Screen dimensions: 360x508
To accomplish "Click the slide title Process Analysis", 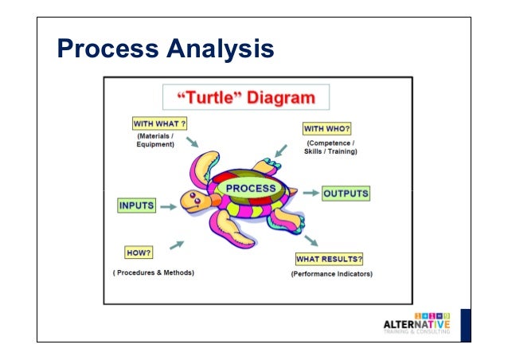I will [x=166, y=49].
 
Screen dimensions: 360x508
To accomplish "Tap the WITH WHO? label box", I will [x=327, y=128].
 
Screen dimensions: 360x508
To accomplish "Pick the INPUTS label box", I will [x=136, y=205].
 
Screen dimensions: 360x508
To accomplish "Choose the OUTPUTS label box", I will [x=346, y=194].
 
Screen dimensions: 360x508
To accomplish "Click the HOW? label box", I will [x=139, y=253].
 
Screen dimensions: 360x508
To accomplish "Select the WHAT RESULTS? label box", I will [x=330, y=260].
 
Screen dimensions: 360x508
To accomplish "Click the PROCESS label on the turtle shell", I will [x=251, y=189].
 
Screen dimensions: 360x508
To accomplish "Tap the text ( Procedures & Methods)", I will [x=153, y=273].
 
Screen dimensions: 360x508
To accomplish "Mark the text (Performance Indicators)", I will [x=331, y=274].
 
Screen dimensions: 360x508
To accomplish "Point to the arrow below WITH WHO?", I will [x=279, y=148].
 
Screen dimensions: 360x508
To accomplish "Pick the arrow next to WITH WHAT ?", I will [x=191, y=142].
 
